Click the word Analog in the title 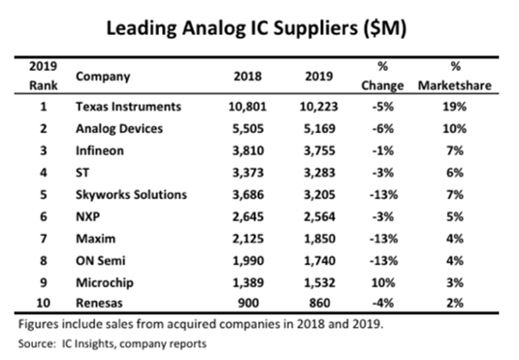[212, 28]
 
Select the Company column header [103, 77]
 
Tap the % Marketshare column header [455, 76]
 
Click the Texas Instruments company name [128, 107]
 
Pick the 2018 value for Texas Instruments [247, 107]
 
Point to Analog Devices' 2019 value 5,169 [319, 128]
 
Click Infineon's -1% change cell [383, 150]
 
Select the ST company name [82, 173]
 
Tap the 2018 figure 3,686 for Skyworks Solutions [248, 195]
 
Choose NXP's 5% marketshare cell [455, 216]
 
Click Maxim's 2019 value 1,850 [319, 239]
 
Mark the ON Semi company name [101, 261]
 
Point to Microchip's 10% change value [383, 282]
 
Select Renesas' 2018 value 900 [248, 303]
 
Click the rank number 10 [43, 303]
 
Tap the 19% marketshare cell [455, 107]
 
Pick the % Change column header [382, 76]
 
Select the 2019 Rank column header [43, 76]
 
